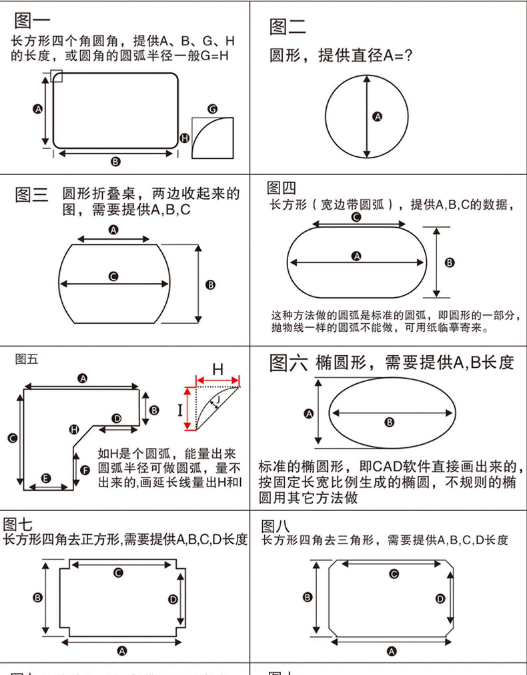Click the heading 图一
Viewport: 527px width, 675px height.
pyautogui.click(x=32, y=21)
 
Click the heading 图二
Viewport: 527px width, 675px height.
pyautogui.click(x=287, y=27)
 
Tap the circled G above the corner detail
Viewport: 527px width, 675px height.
pyautogui.click(x=212, y=109)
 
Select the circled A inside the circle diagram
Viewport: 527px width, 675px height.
pyautogui.click(x=377, y=117)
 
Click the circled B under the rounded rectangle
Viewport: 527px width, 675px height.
pyautogui.click(x=115, y=162)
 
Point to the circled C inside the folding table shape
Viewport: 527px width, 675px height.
pyautogui.click(x=114, y=277)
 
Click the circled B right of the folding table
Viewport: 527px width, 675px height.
pyautogui.click(x=210, y=285)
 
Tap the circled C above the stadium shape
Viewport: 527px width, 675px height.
pyautogui.click(x=356, y=217)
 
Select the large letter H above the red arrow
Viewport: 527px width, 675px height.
pyautogui.click(x=218, y=370)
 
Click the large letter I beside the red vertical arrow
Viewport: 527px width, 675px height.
pyautogui.click(x=180, y=410)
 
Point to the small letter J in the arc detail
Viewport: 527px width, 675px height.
pyautogui.click(x=218, y=399)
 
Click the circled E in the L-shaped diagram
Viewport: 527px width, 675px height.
pyautogui.click(x=46, y=478)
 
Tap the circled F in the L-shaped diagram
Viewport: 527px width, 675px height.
pyautogui.click(x=85, y=470)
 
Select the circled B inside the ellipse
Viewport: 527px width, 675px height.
pyautogui.click(x=389, y=422)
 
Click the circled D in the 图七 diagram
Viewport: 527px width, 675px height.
pyautogui.click(x=173, y=600)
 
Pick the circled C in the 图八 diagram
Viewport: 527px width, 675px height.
pyautogui.click(x=394, y=574)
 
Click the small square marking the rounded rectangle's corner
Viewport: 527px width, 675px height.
pyautogui.click(x=56, y=76)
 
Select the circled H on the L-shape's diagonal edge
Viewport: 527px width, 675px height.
pyautogui.click(x=74, y=429)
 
